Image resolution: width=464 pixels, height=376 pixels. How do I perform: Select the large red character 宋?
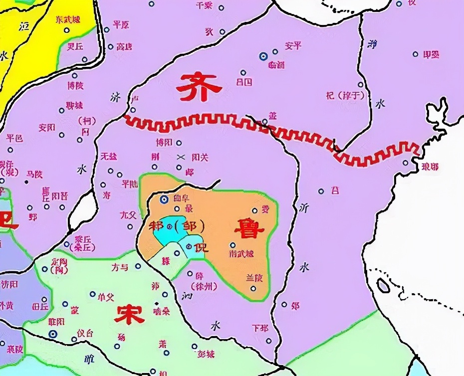[129, 314]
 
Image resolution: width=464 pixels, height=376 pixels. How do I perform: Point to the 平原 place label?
[121, 24]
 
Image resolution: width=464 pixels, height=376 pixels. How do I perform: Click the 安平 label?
[293, 46]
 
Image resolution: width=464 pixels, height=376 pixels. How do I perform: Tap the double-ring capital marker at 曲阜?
[164, 199]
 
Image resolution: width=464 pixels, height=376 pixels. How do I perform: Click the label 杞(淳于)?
[345, 95]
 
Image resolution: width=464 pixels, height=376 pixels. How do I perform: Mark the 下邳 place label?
[260, 329]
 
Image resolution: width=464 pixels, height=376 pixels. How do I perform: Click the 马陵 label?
[34, 174]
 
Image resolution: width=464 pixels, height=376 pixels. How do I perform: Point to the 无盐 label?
[109, 157]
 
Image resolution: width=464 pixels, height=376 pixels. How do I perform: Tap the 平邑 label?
[14, 138]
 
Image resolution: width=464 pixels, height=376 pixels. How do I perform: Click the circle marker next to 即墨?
[415, 54]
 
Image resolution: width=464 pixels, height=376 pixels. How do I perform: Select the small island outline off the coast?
[383, 286]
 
